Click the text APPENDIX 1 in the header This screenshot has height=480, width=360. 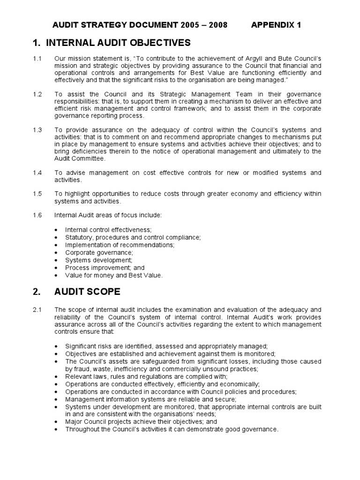coord(278,25)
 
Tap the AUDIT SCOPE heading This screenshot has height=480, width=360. coord(88,292)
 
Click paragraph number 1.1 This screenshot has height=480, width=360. coord(37,59)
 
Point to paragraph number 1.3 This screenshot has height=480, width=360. coord(37,130)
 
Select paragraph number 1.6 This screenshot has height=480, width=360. coord(37,215)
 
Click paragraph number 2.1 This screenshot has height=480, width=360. coord(37,309)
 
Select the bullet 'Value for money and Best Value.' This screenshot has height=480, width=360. coord(114,275)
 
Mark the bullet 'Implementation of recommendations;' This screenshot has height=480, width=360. coord(120,245)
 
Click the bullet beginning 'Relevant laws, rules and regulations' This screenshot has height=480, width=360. coord(146,376)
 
